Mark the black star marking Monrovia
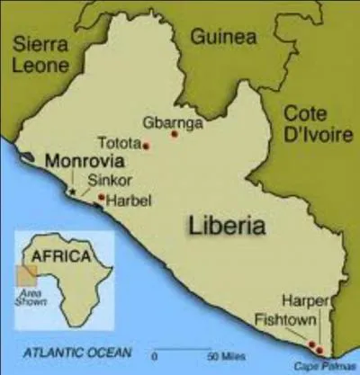coord(71,191)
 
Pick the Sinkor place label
coord(105,180)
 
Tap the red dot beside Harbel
coord(101,198)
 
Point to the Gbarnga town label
coord(173,121)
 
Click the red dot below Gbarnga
coord(175,136)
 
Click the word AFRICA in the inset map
coord(61,256)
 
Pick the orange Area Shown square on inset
coord(27,278)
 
